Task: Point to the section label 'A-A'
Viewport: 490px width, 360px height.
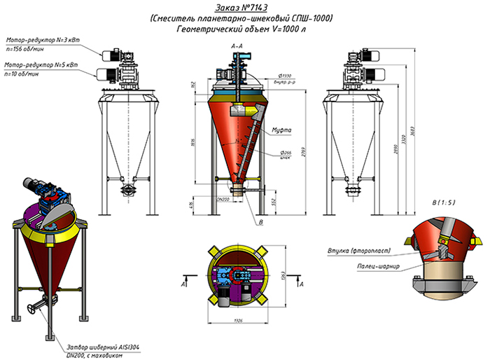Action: tap(237, 45)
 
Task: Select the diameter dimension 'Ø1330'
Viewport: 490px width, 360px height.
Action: tap(284, 75)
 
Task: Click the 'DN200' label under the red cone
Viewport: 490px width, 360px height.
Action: tap(223, 199)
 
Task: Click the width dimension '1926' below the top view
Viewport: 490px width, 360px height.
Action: tap(239, 321)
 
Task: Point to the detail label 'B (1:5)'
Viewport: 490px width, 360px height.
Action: tap(444, 204)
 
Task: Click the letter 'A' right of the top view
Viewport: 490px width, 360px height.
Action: tap(302, 286)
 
